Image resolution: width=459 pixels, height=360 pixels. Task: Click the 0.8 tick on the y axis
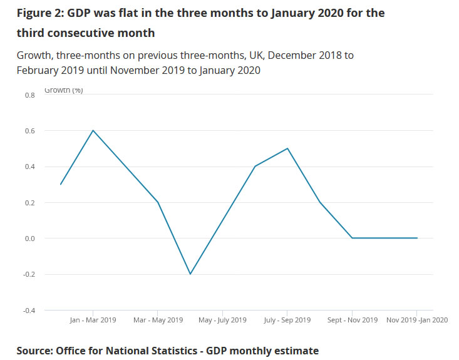point(29,95)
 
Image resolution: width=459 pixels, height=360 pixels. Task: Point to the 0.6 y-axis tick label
point(29,131)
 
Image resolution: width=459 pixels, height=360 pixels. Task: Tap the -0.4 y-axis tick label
point(28,311)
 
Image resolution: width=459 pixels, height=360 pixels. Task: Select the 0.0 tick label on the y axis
point(29,239)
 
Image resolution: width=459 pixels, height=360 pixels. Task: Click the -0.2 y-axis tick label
point(28,275)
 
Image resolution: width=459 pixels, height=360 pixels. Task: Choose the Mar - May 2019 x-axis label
point(158,320)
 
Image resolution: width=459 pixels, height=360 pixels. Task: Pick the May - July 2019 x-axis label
point(222,320)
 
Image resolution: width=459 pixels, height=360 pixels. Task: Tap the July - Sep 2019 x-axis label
point(287,320)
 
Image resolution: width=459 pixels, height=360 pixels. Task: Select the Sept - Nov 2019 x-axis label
point(352,320)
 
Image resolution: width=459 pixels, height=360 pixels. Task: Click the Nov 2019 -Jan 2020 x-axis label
point(416,320)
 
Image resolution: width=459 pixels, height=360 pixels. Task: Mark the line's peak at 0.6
point(93,130)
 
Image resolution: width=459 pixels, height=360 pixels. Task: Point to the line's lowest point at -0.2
point(190,274)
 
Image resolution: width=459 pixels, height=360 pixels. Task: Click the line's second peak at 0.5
point(287,148)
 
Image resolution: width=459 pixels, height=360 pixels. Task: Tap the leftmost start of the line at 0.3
point(60,184)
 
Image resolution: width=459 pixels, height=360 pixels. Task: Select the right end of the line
point(417,238)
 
